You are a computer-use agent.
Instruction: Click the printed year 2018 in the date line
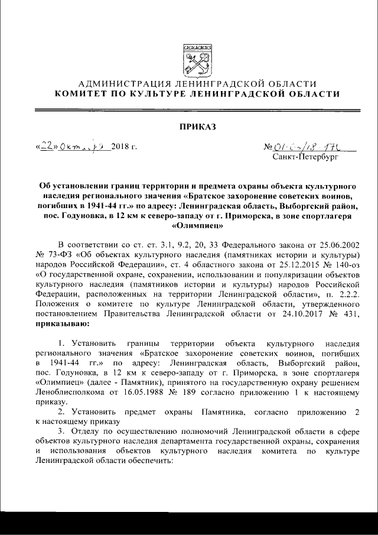[122, 147]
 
